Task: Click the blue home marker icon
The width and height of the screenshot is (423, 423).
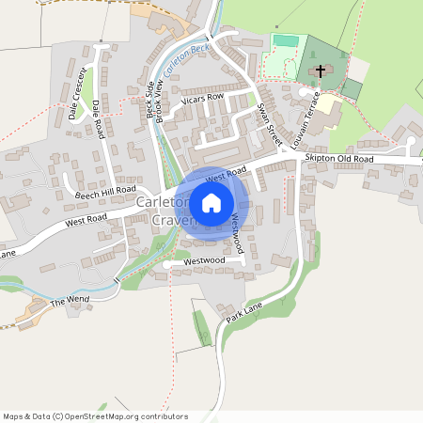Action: tap(211, 202)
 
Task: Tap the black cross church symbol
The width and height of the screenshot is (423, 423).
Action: tap(320, 71)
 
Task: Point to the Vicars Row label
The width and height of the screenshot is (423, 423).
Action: tap(202, 98)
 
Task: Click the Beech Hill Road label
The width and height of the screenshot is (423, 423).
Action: tap(107, 191)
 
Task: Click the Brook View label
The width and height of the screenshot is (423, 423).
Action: tap(160, 101)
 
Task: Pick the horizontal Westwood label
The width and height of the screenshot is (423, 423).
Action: tap(205, 259)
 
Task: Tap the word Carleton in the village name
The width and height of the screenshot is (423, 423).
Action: tap(163, 203)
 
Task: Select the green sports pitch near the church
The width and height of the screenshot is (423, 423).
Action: tap(284, 40)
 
